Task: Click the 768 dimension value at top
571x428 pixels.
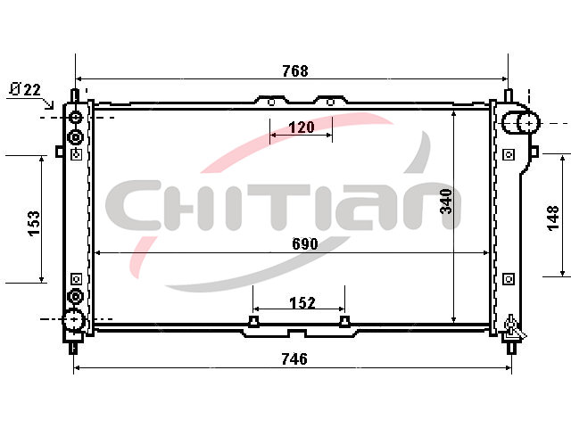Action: click(295, 70)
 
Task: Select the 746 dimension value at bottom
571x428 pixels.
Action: click(294, 358)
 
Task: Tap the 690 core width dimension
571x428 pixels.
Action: click(305, 243)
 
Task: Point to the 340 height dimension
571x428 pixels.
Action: click(446, 202)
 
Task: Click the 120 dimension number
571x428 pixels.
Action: click(302, 128)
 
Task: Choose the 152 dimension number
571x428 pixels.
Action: click(302, 302)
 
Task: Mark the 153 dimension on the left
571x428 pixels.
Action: click(34, 223)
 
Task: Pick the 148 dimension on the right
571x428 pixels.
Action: click(553, 218)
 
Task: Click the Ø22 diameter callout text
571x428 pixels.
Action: click(26, 89)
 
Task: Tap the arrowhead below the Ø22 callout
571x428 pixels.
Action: click(50, 105)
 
